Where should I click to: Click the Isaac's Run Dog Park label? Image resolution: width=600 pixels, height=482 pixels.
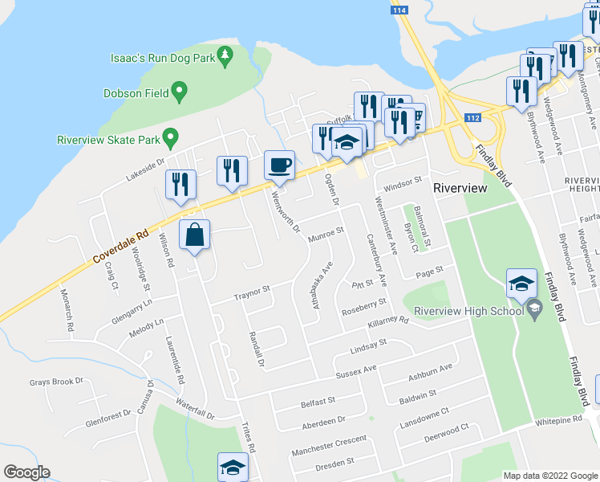point(162,58)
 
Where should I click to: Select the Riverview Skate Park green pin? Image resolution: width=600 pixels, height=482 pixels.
point(169,138)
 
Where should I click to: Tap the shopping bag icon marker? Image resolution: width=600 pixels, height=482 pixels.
point(195,235)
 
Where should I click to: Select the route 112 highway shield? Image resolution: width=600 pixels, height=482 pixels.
point(474,117)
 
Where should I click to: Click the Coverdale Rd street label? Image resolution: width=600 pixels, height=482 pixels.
point(121,246)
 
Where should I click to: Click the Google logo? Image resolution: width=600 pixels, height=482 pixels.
point(27,472)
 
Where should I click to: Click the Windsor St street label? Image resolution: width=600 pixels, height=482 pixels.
point(402,186)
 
